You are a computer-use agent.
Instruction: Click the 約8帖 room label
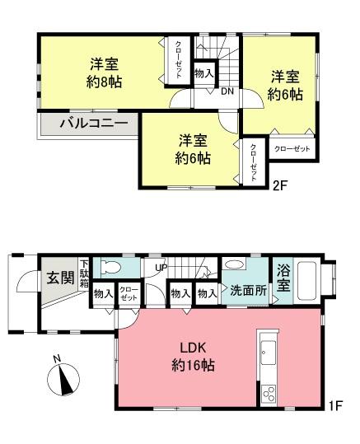coord(104,82)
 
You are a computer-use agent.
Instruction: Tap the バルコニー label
coord(94,124)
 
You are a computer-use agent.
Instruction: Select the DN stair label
coord(227,91)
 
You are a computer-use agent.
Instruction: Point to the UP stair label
coord(161,267)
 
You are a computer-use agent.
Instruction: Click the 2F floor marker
coord(280,185)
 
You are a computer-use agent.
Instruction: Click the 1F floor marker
coord(336,405)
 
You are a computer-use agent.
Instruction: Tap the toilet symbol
coord(111,267)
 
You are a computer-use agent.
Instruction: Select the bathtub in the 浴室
coord(306,281)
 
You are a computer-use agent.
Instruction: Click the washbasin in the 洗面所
coord(234,264)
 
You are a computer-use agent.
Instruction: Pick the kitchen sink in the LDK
coord(268,353)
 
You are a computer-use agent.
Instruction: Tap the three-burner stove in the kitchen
coord(269,394)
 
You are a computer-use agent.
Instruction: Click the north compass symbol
coord(63,378)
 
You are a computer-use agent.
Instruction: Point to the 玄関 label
coord(60,278)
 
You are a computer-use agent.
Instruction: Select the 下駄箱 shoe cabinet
coord(84,273)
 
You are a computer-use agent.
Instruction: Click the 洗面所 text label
coord(248,290)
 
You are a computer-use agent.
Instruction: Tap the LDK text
coord(193,348)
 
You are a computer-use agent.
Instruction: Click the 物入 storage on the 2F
coord(204,73)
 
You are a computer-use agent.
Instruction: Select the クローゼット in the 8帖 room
coord(179,60)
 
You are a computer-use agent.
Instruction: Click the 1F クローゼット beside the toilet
coord(129,293)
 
